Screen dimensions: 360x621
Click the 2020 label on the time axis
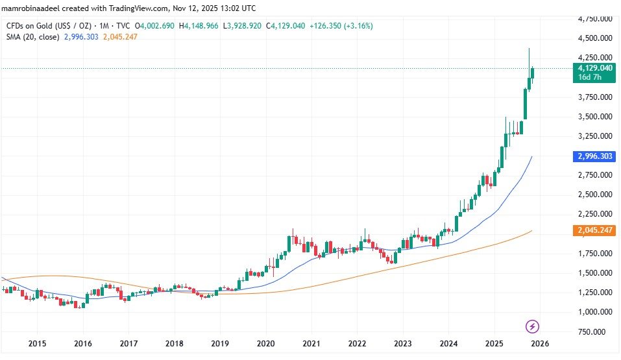point(265,343)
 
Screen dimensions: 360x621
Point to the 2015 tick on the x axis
point(37,343)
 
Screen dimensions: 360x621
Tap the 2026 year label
point(541,343)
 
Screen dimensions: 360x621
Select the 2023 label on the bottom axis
point(404,343)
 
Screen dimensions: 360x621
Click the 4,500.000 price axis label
point(595,38)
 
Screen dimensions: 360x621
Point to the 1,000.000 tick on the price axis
point(595,312)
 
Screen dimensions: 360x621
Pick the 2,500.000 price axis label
point(595,195)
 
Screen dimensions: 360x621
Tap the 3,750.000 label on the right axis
point(595,97)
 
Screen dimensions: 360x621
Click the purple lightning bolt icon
point(532,326)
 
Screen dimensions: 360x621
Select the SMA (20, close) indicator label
point(32,37)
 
